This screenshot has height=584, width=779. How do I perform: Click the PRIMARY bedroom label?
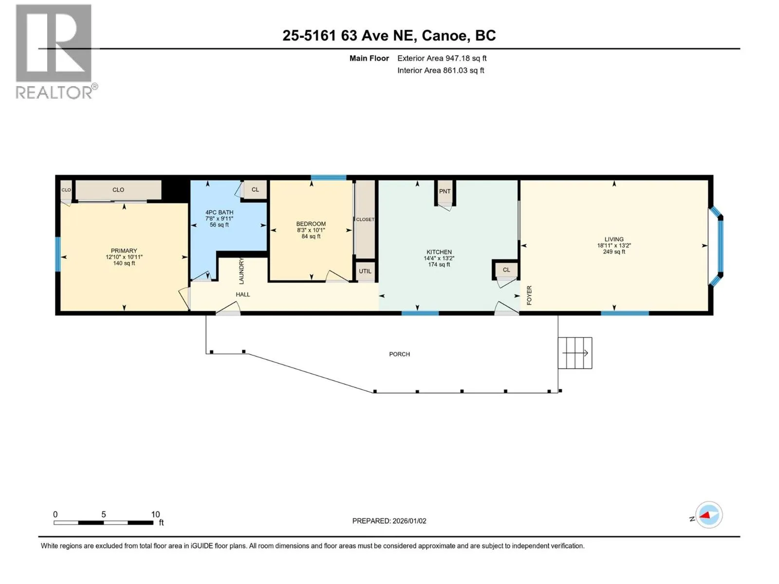click(x=124, y=251)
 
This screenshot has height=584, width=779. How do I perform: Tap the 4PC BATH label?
click(x=219, y=212)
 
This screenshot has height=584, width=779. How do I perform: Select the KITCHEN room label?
click(x=439, y=252)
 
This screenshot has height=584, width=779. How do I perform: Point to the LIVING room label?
click(x=614, y=239)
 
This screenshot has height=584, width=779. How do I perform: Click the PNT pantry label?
click(x=445, y=191)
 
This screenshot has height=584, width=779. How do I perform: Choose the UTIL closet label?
click(x=365, y=271)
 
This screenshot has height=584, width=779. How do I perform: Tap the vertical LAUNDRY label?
click(x=241, y=271)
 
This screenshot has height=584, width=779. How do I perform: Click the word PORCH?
click(x=399, y=354)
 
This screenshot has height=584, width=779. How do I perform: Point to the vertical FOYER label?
click(x=529, y=295)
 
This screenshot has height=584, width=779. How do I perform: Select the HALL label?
click(x=243, y=294)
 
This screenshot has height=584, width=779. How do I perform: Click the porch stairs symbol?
click(x=575, y=353)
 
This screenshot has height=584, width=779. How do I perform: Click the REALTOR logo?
click(x=56, y=52)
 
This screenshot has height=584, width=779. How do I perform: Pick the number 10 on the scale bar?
click(x=155, y=514)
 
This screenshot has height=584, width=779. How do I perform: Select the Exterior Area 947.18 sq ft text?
click(x=442, y=58)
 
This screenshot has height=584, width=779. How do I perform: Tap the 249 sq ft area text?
click(x=614, y=252)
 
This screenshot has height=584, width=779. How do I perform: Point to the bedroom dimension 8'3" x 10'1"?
click(x=311, y=230)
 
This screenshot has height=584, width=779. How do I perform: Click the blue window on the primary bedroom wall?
click(x=58, y=254)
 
